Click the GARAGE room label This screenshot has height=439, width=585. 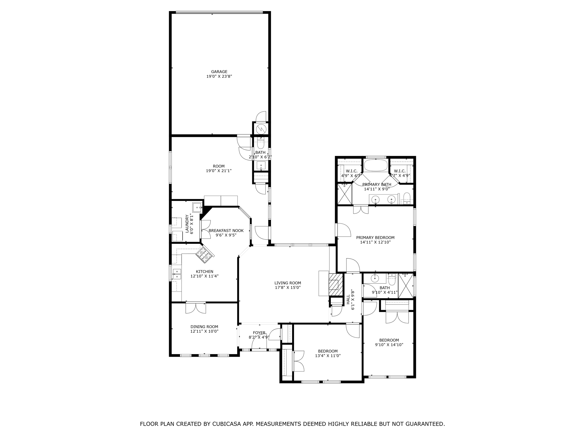[219, 72]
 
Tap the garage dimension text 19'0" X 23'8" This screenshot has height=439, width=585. [219, 77]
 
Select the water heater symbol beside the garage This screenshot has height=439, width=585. [261, 129]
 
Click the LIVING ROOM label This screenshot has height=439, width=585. [288, 283]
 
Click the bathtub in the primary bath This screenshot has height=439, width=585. [375, 165]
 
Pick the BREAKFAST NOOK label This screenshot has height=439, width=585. [226, 231]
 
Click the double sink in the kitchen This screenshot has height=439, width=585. [177, 274]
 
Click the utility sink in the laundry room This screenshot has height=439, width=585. [197, 207]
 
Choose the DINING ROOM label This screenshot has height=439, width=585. [204, 327]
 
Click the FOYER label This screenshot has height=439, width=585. [259, 333]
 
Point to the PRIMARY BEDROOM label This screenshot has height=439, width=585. [375, 238]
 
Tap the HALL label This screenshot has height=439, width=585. [348, 300]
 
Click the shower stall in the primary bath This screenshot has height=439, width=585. [344, 194]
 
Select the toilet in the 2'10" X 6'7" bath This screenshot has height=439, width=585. [260, 143]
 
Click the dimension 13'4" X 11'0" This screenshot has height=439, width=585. [328, 356]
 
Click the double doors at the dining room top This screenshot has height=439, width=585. [196, 308]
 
